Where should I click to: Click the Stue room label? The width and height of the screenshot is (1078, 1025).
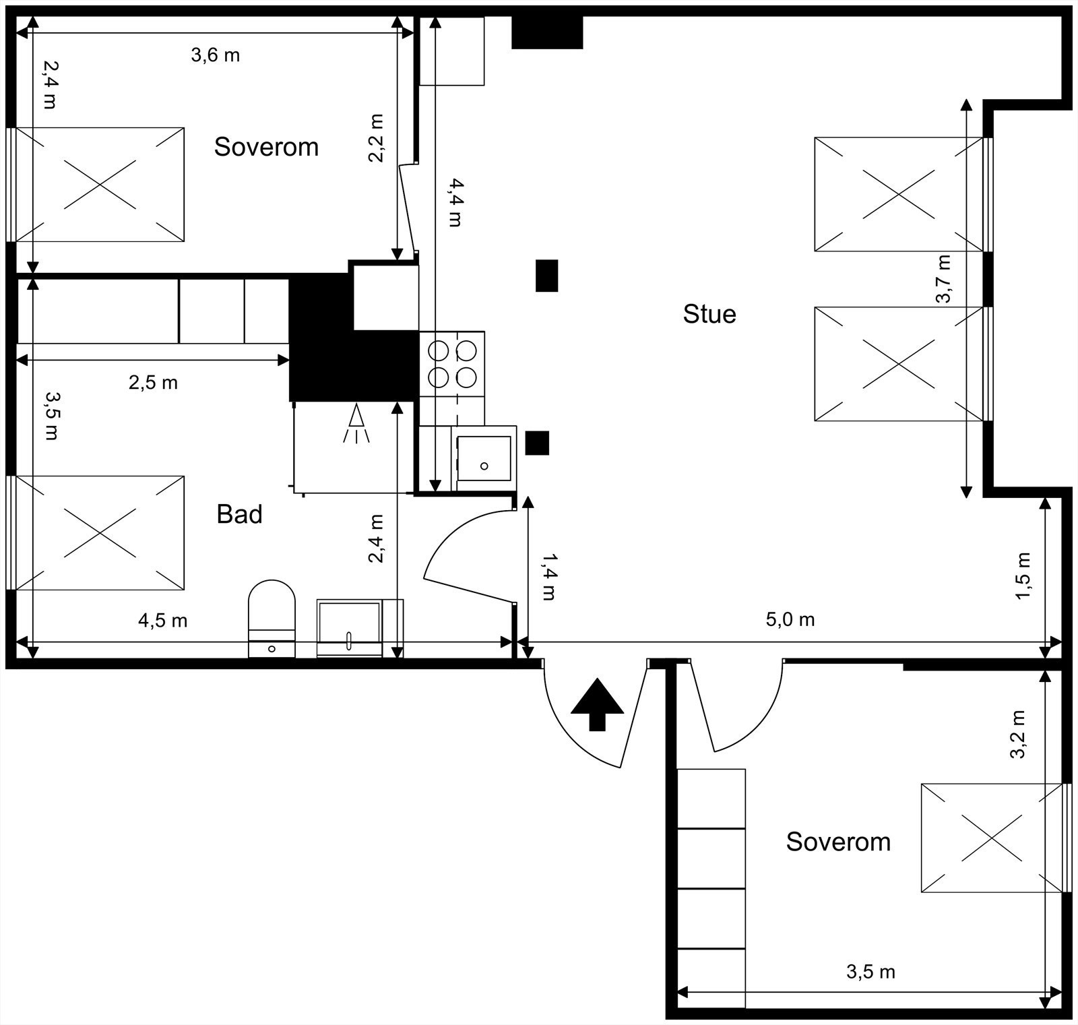709,314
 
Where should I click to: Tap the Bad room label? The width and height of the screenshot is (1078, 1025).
239,514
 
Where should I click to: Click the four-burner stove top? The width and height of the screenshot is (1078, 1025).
451,364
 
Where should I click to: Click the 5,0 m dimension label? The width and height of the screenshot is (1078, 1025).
790,619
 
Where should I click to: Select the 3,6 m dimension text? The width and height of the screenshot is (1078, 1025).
216,55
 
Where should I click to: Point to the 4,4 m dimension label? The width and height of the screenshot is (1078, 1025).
455,202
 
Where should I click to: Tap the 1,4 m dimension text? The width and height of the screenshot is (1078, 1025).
549,576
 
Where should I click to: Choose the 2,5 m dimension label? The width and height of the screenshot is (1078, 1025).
154,383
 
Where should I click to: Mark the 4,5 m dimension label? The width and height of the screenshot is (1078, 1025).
163,620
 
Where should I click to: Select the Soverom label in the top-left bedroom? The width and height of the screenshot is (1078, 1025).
266,147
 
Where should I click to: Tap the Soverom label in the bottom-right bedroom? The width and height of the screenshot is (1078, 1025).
838,842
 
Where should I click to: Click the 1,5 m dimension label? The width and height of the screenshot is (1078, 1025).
1023,576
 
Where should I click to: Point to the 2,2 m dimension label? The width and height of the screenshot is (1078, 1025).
376,137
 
